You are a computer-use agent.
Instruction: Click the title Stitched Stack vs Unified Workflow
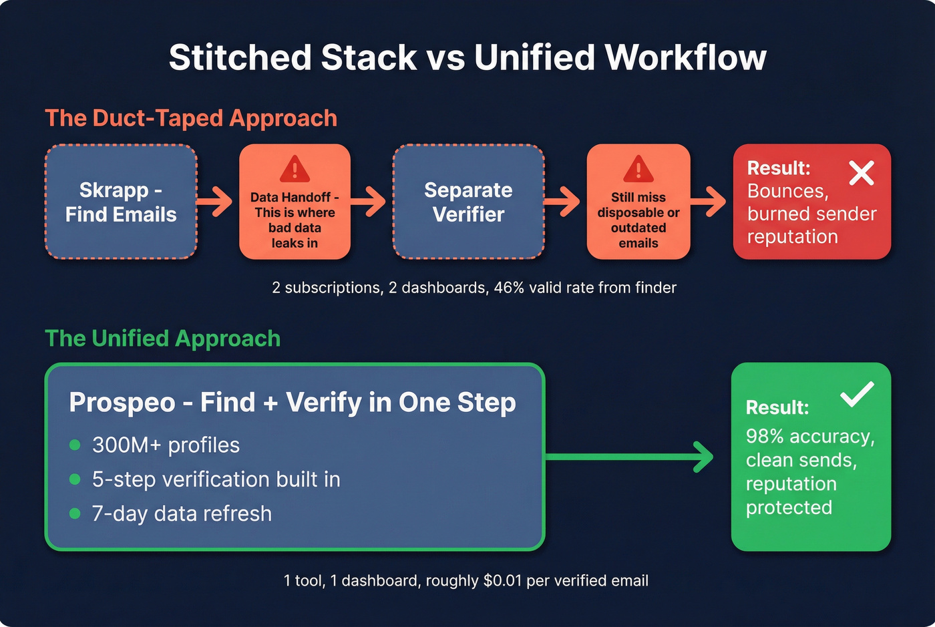click(467, 57)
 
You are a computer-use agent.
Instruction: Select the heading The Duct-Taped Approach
click(191, 118)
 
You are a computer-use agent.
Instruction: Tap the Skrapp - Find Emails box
click(121, 202)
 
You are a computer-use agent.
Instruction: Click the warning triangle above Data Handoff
click(295, 169)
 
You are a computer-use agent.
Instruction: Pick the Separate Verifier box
click(468, 202)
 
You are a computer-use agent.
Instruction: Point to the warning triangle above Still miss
click(638, 169)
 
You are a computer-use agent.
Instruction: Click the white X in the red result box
click(862, 172)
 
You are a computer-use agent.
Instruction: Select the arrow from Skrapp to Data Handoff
click(216, 202)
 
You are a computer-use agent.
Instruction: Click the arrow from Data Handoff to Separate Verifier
click(370, 202)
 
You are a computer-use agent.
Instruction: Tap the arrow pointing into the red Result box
click(710, 202)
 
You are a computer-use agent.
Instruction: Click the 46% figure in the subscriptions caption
click(508, 288)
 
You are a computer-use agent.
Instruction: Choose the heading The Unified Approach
click(163, 339)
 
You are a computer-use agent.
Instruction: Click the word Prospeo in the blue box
click(122, 403)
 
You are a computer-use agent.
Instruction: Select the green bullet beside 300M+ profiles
click(75, 445)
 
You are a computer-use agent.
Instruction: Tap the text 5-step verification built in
click(216, 479)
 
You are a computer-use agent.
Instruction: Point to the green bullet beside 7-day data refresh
click(75, 513)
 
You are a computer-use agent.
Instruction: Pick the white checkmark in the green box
click(857, 394)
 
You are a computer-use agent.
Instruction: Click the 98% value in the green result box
click(765, 436)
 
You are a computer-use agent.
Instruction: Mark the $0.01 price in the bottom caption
click(502, 581)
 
